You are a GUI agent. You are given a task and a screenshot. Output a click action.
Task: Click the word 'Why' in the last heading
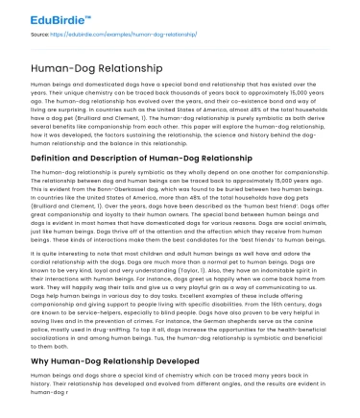point(41,361)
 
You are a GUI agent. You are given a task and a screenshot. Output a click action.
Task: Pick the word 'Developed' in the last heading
point(192,361)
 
